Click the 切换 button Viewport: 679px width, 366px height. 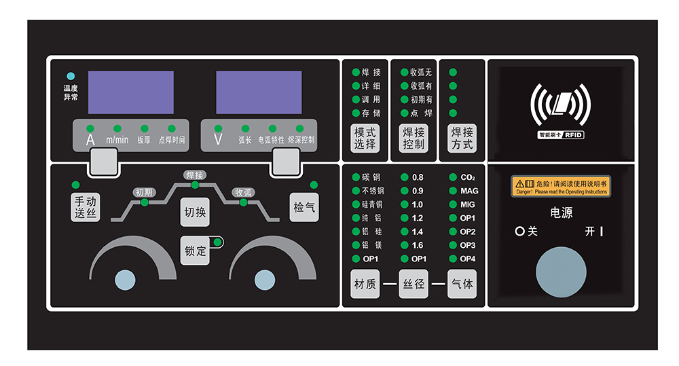pos(195,213)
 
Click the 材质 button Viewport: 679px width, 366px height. pos(365,284)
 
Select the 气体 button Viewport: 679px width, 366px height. pos(462,284)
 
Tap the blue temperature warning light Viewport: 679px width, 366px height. pos(71,77)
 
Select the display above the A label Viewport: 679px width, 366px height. pos(131,92)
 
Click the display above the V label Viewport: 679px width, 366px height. pos(259,92)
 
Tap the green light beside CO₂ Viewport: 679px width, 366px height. pos(453,177)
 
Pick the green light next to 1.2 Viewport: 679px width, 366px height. pos(405,218)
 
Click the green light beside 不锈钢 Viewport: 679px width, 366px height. pos(356,191)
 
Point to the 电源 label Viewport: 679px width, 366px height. pos(561,213)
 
